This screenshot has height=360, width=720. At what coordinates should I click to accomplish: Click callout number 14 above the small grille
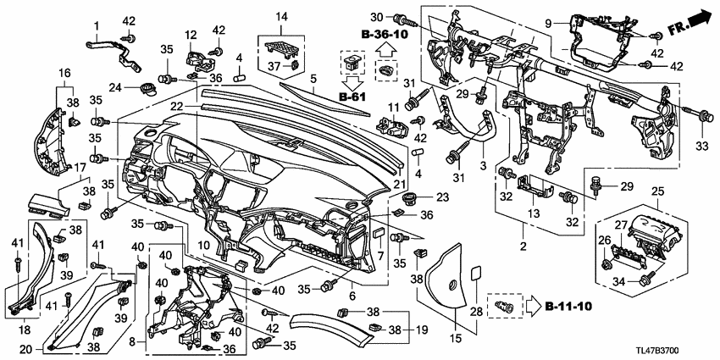click(x=281, y=16)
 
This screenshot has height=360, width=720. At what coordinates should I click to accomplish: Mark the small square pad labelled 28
click(x=475, y=274)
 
